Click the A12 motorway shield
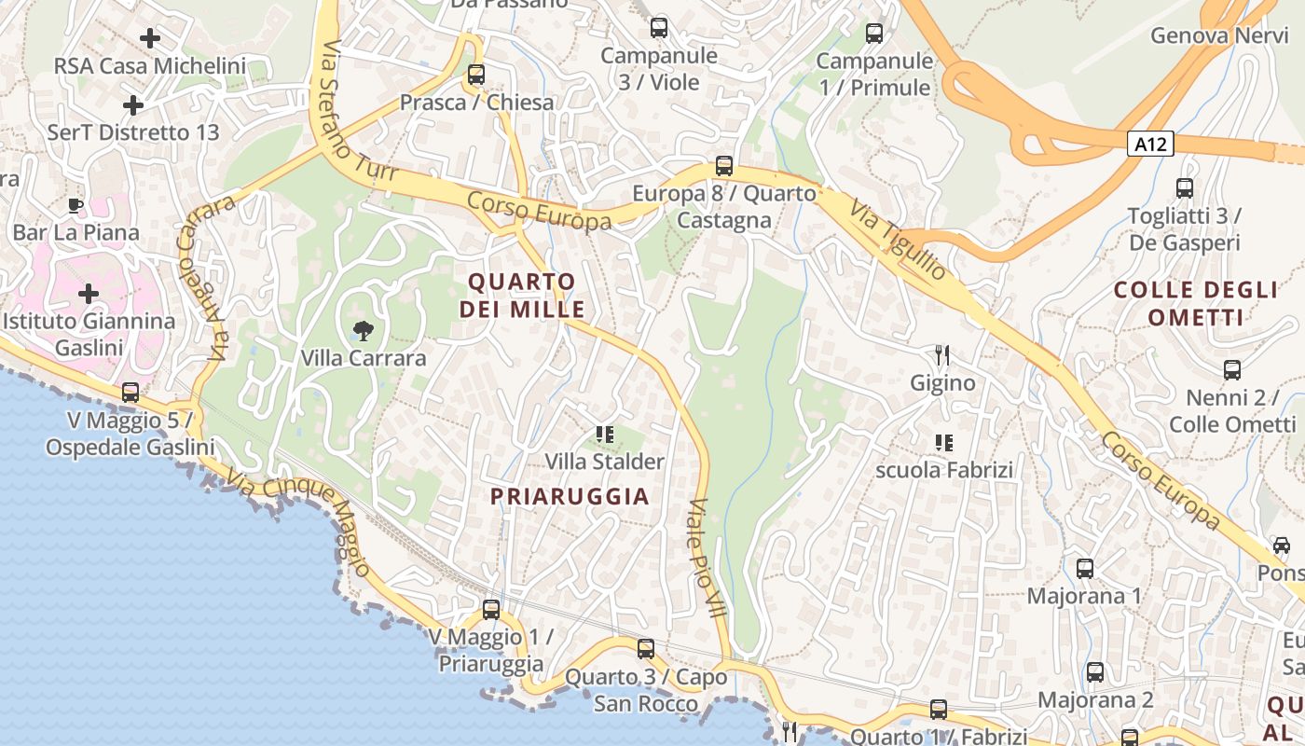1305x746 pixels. pos(1149,144)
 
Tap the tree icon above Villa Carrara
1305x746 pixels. pos(364,329)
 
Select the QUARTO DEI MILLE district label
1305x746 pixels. pos(522,295)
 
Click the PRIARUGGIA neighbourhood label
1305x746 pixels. pos(570,496)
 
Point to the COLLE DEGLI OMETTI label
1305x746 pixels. pos(1196,303)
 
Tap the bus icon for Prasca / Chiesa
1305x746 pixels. pos(476,75)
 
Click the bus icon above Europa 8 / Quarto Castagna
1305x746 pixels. pos(724,166)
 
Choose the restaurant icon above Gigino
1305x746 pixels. pos(942,354)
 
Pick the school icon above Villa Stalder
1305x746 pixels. pos(604,434)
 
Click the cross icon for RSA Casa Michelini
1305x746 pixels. pos(149,38)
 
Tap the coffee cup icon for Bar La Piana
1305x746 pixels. pos(76,205)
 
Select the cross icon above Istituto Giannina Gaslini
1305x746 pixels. pos(89,295)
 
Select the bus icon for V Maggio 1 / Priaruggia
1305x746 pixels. pos(491,610)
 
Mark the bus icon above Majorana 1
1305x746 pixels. pos(1085,568)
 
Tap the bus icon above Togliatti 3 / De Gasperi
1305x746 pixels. pos(1185,188)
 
